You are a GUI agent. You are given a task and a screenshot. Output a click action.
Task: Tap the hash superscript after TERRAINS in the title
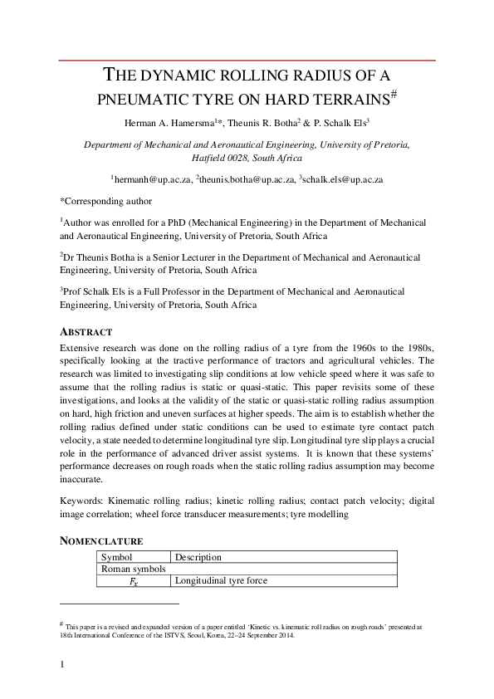pyautogui.click(x=397, y=95)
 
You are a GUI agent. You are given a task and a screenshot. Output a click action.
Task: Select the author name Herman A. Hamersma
pyautogui.click(x=171, y=123)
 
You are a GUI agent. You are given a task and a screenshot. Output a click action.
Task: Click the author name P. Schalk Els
pyautogui.click(x=340, y=123)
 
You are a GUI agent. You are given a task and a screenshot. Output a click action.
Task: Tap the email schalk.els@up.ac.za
pyautogui.click(x=341, y=178)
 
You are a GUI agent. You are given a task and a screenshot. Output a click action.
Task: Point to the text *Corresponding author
pyautogui.click(x=105, y=200)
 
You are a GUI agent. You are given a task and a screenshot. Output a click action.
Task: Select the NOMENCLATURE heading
pyautogui.click(x=102, y=540)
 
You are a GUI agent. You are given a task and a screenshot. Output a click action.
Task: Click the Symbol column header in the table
pyautogui.click(x=117, y=557)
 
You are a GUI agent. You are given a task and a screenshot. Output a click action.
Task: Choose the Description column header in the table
pyautogui.click(x=198, y=557)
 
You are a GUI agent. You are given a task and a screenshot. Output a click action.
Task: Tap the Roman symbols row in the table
pyautogui.click(x=133, y=569)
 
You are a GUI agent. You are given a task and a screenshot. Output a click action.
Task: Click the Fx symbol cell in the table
pyautogui.click(x=133, y=581)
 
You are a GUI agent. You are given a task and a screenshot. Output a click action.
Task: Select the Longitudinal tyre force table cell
pyautogui.click(x=221, y=581)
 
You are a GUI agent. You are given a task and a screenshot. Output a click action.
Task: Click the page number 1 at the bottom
pyautogui.click(x=63, y=664)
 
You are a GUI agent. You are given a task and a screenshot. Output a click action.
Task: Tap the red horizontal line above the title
pyautogui.click(x=247, y=61)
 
